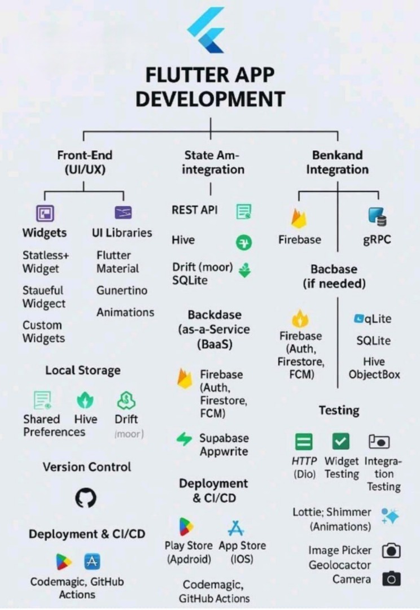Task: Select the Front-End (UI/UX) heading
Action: tap(85, 162)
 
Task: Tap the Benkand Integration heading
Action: tap(337, 162)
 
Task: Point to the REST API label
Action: tap(194, 210)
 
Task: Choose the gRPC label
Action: tap(377, 239)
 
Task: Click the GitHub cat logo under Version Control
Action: tap(86, 498)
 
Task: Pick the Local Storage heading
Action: tap(83, 371)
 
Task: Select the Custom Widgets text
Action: tap(43, 332)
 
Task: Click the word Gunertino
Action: tap(121, 290)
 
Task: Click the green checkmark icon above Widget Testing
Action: tap(340, 441)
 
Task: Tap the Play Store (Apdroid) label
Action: tap(189, 552)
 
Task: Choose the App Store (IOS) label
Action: tap(242, 552)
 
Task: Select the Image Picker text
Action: tap(340, 550)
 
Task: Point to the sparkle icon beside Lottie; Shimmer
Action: tap(390, 516)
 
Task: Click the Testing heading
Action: tap(339, 410)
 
